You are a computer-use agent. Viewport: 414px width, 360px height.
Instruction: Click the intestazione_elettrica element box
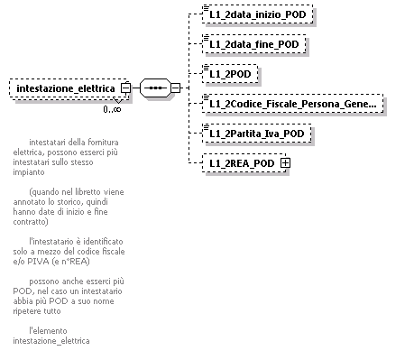point(65,88)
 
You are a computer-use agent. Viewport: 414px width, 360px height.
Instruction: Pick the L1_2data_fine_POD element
point(254,43)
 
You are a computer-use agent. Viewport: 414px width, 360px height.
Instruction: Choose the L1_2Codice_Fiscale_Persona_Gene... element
point(291,103)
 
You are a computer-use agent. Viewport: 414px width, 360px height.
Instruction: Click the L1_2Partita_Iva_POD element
point(257,133)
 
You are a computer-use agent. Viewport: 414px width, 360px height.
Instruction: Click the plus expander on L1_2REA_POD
point(285,162)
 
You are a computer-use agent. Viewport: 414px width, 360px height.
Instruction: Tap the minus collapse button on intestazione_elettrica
point(124,88)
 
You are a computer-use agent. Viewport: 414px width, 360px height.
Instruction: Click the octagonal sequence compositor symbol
point(155,88)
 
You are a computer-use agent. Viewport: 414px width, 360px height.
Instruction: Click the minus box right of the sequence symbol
point(176,88)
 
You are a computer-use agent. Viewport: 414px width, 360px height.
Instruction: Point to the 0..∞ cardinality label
point(112,109)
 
